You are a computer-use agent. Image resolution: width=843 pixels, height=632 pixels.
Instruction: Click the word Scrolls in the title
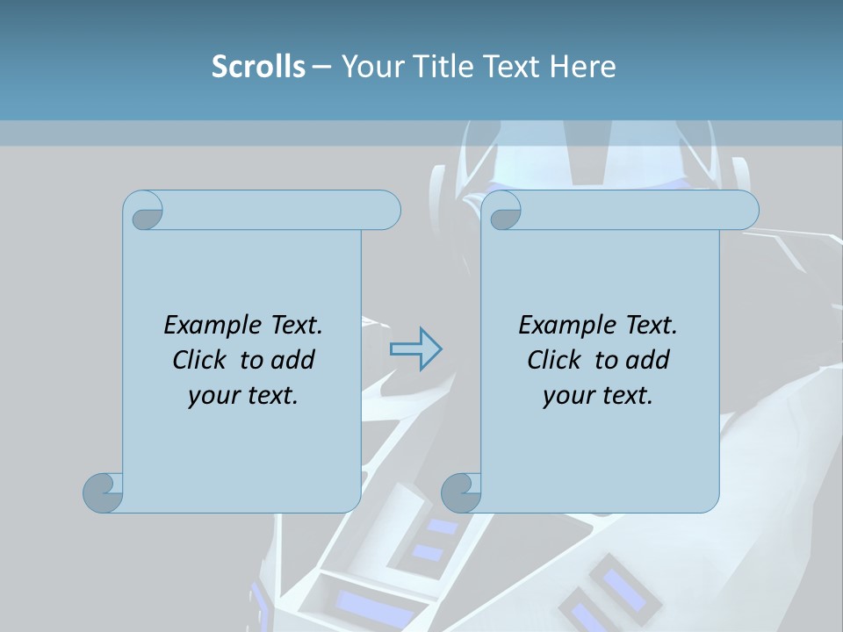[258, 67]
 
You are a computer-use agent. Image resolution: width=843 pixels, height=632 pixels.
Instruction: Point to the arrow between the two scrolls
[415, 349]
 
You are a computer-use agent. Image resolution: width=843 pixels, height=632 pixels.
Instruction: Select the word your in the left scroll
[209, 396]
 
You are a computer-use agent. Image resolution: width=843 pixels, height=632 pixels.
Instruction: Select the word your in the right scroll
[564, 396]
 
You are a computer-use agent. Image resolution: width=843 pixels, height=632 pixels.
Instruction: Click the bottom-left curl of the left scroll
[102, 492]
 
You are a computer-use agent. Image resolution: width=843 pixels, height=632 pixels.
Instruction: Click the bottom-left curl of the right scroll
[460, 492]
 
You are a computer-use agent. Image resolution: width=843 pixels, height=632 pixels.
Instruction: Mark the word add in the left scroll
[293, 360]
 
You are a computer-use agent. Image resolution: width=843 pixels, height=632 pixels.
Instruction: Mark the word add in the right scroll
[648, 360]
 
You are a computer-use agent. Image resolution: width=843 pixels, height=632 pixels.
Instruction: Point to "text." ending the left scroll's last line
[269, 396]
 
